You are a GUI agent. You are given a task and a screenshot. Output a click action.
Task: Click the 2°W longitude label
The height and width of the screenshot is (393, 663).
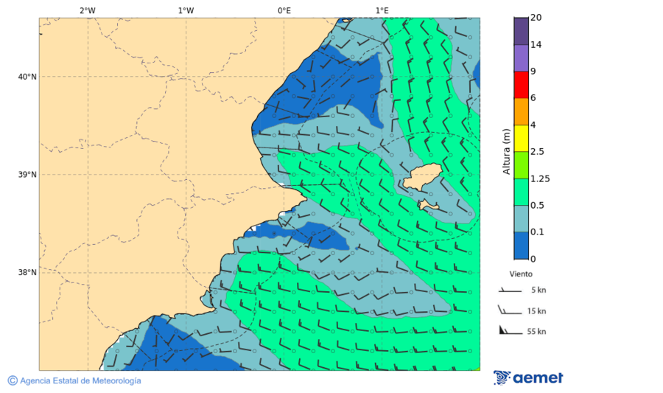(87, 11)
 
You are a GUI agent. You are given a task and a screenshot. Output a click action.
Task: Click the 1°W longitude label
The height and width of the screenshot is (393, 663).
(186, 11)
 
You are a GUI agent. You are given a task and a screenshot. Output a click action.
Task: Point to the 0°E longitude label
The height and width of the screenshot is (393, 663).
(284, 11)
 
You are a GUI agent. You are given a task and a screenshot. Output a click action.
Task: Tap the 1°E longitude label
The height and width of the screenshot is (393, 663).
(382, 11)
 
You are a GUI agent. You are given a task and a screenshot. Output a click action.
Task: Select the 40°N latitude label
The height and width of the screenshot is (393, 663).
(27, 77)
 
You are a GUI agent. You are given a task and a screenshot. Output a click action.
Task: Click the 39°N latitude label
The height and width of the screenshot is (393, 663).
(27, 175)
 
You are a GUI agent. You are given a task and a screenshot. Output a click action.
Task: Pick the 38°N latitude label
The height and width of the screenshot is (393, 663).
(27, 272)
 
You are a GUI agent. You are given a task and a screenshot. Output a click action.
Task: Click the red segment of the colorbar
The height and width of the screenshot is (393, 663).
(521, 85)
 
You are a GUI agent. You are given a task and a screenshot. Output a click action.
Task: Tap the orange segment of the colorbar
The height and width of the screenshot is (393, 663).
(521, 111)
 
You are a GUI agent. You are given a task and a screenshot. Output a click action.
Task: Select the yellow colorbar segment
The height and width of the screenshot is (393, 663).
(521, 138)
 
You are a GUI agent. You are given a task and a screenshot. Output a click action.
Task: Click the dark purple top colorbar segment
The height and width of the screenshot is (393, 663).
(521, 31)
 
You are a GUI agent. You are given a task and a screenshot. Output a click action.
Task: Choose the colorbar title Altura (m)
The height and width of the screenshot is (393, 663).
(506, 150)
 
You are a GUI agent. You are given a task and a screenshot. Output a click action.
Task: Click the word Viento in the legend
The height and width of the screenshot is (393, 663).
(521, 274)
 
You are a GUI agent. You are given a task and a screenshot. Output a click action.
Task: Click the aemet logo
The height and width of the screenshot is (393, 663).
(528, 378)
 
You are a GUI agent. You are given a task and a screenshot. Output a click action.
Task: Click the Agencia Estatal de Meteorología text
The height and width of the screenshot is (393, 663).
(80, 380)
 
